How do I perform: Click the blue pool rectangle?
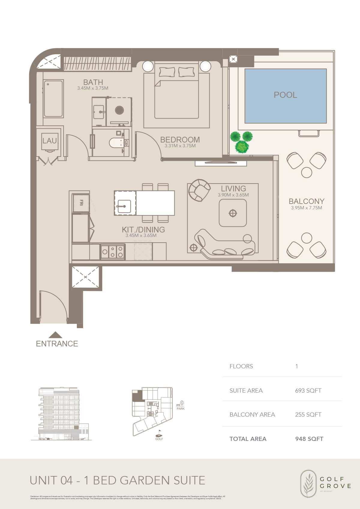point(285,96)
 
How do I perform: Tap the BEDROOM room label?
point(180,140)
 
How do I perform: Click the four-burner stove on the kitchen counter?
point(112,252)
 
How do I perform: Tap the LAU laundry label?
point(49,141)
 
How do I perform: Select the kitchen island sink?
point(125,206)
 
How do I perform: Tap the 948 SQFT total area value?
point(309,439)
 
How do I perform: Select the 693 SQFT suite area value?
point(308,391)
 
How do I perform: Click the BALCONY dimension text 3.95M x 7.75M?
point(306,208)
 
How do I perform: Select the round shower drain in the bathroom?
point(119,110)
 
